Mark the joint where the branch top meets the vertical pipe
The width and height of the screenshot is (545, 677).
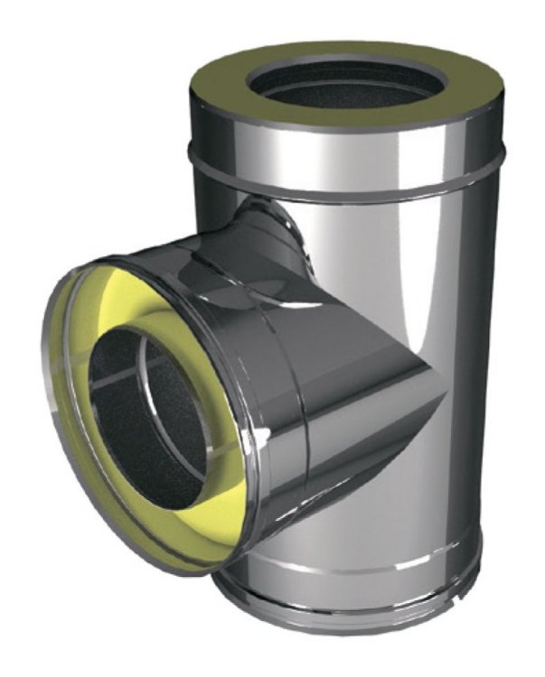coord(271,212)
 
